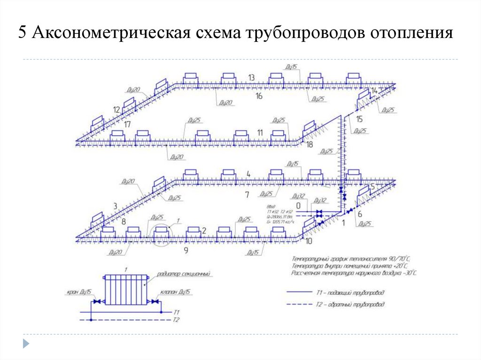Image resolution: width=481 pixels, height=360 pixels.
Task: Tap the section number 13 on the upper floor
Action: pyautogui.click(x=252, y=77)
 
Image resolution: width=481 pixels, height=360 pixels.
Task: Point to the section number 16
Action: pyautogui.click(x=259, y=96)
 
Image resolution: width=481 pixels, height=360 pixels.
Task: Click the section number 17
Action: pyautogui.click(x=127, y=124)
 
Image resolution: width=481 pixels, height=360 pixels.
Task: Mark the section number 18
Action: pyautogui.click(x=309, y=145)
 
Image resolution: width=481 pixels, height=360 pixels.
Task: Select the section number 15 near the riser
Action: pyautogui.click(x=359, y=119)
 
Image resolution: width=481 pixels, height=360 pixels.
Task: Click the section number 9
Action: pyautogui.click(x=186, y=251)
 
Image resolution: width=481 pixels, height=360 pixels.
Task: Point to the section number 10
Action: pyautogui.click(x=308, y=241)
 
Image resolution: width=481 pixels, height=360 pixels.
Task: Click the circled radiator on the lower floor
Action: pyautogui.click(x=162, y=231)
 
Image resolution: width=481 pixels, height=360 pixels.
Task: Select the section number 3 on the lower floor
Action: pyautogui.click(x=115, y=206)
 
